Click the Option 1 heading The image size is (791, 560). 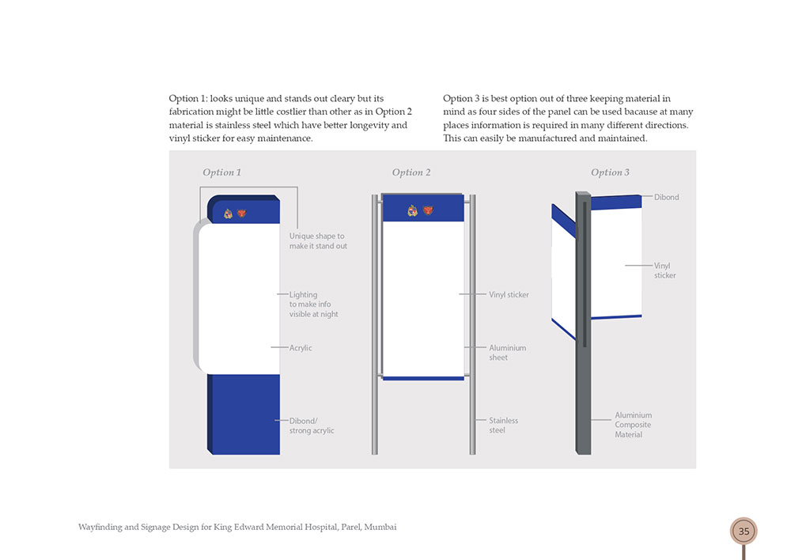point(221,172)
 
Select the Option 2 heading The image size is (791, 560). point(411,172)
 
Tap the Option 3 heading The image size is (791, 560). point(610,172)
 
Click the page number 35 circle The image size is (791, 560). point(744,532)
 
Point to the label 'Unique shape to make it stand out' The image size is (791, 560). point(318,241)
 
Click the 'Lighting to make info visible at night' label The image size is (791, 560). point(313,305)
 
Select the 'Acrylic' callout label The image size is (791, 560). point(301,348)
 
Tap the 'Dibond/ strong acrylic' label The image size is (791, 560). point(311,426)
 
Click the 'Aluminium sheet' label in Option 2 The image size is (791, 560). point(507,353)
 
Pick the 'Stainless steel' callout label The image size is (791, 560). point(503,426)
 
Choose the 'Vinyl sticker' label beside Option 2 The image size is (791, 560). point(509,295)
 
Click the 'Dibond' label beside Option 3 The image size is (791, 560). point(666,198)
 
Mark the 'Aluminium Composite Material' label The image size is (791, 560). point(633,425)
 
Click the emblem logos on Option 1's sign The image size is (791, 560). point(236,214)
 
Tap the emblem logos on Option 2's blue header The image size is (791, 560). point(421,210)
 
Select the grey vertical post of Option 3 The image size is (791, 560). point(583,395)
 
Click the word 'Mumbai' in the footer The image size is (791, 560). point(380,527)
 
